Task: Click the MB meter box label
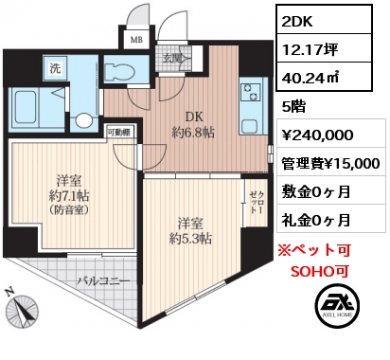pyautogui.click(x=136, y=40)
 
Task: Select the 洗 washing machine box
pyautogui.click(x=56, y=69)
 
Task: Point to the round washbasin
pyautogui.click(x=83, y=120)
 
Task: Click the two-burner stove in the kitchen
pyautogui.click(x=251, y=92)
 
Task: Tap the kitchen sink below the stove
pyautogui.click(x=251, y=127)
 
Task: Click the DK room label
pyautogui.click(x=194, y=117)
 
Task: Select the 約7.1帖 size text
pyautogui.click(x=69, y=196)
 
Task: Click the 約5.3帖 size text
pyautogui.click(x=190, y=239)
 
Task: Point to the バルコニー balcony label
pyautogui.click(x=104, y=280)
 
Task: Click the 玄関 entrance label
pyautogui.click(x=172, y=58)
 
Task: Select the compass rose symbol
pyautogui.click(x=22, y=309)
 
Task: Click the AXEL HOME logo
pyautogui.click(x=337, y=305)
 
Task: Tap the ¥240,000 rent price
pyautogui.click(x=317, y=135)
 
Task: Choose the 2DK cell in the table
pyautogui.click(x=297, y=22)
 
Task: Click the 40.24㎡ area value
pyautogui.click(x=310, y=78)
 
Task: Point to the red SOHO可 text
pyautogui.click(x=320, y=271)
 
